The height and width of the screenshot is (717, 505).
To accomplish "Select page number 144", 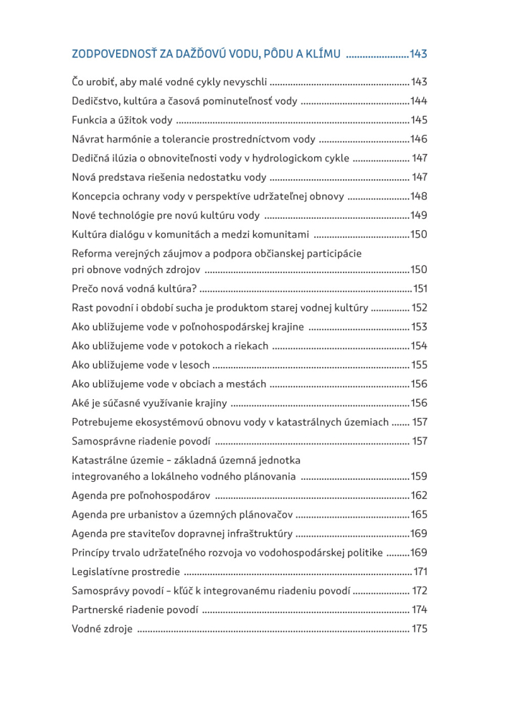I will tap(418, 100).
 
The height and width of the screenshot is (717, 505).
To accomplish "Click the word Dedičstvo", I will tap(96, 100).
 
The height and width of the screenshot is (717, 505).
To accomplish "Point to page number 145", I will tap(418, 120).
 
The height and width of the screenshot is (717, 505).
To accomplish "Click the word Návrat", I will tap(89, 139).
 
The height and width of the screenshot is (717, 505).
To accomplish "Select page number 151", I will tap(420, 289).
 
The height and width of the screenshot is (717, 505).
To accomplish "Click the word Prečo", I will tap(86, 289).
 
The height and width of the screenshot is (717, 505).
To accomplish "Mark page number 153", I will tap(419, 327).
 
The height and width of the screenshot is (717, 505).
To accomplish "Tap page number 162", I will tap(419, 495).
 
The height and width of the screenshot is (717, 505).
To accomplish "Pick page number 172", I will tap(420, 591).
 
